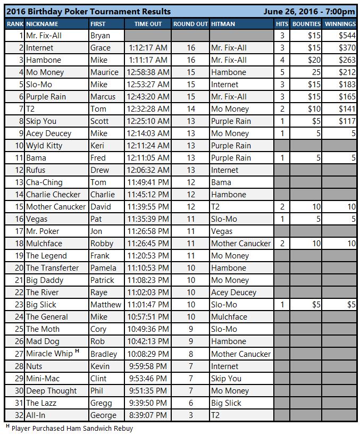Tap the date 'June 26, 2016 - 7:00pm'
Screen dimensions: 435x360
click(x=308, y=11)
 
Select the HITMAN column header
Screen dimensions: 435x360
click(x=223, y=24)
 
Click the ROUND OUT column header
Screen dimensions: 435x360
click(x=190, y=24)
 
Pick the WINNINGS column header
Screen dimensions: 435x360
click(x=340, y=24)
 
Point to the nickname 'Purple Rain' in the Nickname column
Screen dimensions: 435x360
click(x=46, y=97)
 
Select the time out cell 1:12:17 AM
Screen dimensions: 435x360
click(x=148, y=48)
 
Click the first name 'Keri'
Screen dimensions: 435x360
click(x=98, y=146)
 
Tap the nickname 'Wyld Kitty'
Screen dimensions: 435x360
click(x=44, y=146)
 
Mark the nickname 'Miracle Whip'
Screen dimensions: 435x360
click(x=49, y=354)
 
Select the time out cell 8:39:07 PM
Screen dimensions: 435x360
click(x=148, y=415)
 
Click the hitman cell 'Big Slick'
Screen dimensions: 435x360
click(x=226, y=403)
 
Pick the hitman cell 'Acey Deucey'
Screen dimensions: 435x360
click(x=233, y=292)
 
